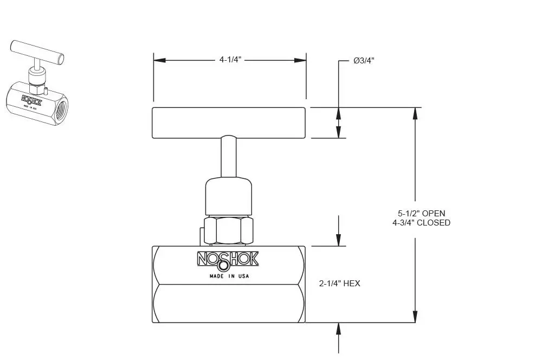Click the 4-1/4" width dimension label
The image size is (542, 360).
230,60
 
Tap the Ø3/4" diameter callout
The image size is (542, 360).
364,61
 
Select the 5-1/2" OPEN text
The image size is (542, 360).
421,214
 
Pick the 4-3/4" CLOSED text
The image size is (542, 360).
421,223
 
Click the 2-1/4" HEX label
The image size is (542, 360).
339,284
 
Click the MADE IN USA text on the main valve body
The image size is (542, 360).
229,276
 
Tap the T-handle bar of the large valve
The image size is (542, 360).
229,123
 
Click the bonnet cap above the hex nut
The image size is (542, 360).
229,196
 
